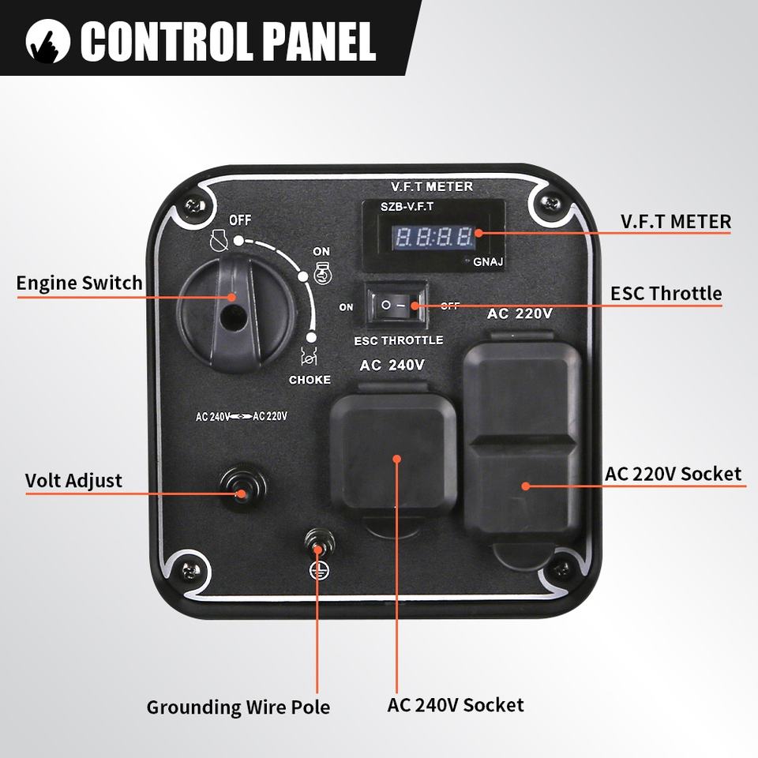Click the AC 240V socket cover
tap(393, 458)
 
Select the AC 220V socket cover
tap(523, 442)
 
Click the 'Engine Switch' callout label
tap(80, 283)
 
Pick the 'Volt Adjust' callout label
tap(73, 480)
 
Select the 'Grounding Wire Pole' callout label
tap(238, 707)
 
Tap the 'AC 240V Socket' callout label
tap(456, 704)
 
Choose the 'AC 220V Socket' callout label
tap(673, 474)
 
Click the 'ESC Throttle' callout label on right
tap(666, 294)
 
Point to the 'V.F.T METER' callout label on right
tap(675, 222)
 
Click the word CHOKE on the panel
tap(310, 380)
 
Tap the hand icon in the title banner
tap(46, 42)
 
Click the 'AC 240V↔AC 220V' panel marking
tap(242, 416)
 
